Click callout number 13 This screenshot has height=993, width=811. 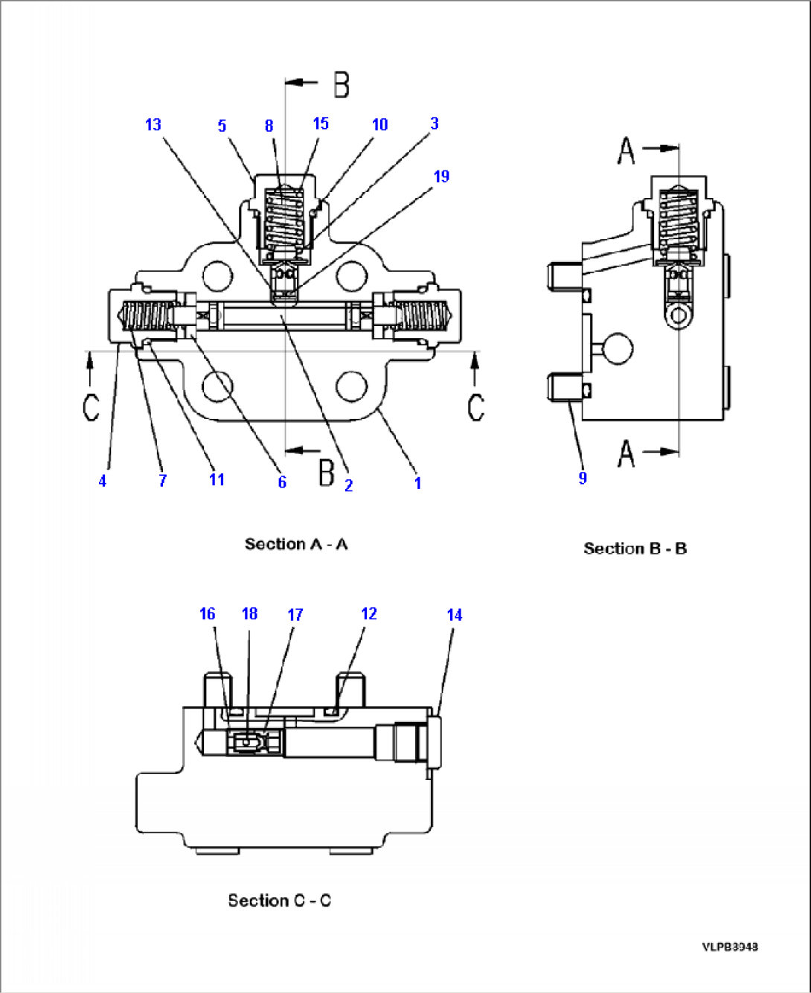[x=153, y=124]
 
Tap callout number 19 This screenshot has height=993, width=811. [x=441, y=176]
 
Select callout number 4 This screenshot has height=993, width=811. [x=103, y=482]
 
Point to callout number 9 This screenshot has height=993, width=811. [x=583, y=478]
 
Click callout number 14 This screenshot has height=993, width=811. [x=454, y=615]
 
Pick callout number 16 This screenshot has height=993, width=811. [x=207, y=614]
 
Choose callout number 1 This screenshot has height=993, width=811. [x=417, y=483]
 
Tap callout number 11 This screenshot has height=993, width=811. [x=217, y=479]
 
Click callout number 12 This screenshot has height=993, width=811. [x=369, y=613]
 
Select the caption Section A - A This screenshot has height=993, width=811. [x=296, y=544]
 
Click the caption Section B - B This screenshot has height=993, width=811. [x=635, y=549]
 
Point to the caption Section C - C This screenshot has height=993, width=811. [x=279, y=901]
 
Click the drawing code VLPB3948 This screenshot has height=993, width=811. [x=729, y=947]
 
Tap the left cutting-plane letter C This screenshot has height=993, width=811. [x=91, y=407]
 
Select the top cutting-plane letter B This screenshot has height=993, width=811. [x=341, y=84]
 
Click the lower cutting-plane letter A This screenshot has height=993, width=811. [x=626, y=453]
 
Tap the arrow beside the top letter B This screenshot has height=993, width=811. [x=301, y=82]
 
